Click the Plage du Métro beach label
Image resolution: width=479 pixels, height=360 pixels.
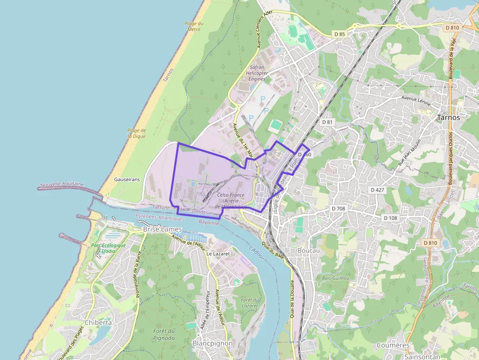(193, 26)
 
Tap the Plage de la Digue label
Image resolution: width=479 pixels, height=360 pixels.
(136, 133)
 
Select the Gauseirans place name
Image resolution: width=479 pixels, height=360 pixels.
(127, 179)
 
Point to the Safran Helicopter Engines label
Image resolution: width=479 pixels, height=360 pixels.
(257, 73)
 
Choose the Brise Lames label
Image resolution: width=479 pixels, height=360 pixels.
(162, 229)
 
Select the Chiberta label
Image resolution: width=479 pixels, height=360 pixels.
(98, 322)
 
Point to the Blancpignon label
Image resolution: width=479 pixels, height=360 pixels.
(213, 343)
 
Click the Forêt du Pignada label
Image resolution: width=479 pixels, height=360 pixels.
(164, 334)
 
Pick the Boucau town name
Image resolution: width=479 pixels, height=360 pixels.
(308, 250)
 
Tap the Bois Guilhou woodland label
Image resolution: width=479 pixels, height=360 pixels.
(336, 278)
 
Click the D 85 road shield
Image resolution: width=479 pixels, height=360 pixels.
(340, 34)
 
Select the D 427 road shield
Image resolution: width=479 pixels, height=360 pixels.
(378, 190)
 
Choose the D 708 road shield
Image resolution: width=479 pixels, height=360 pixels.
(338, 209)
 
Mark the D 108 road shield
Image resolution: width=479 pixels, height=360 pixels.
(391, 218)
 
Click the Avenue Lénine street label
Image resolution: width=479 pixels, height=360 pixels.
(414, 98)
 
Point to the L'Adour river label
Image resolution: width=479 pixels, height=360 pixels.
(256, 253)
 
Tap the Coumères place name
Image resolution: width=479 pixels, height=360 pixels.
(393, 345)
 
